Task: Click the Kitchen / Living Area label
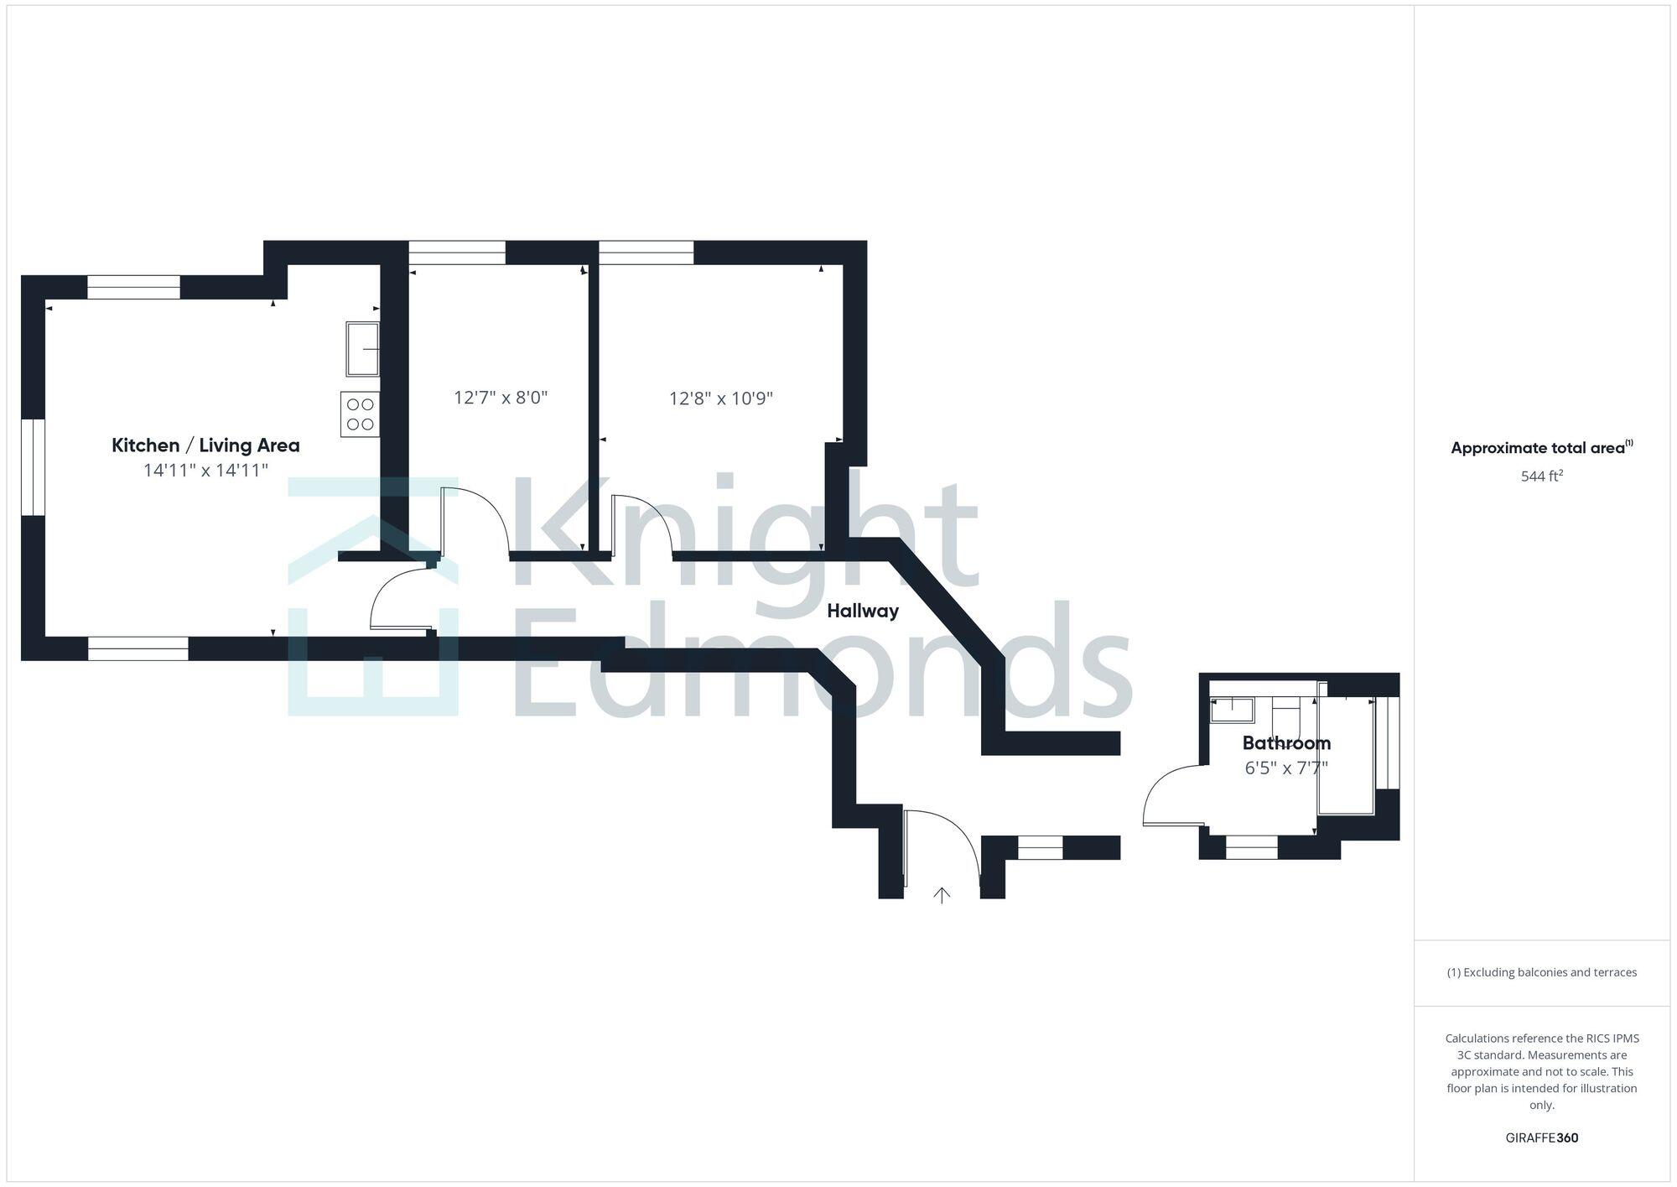click(x=205, y=445)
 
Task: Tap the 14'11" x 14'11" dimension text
click(x=205, y=471)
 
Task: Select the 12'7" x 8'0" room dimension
click(x=501, y=398)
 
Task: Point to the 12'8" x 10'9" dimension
click(x=721, y=398)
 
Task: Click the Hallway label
click(x=863, y=612)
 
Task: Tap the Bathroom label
click(x=1286, y=743)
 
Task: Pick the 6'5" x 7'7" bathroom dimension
click(x=1286, y=768)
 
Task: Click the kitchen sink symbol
click(x=362, y=348)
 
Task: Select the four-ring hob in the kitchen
click(x=360, y=414)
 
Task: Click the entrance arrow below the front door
click(x=942, y=896)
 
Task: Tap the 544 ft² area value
click(x=1542, y=476)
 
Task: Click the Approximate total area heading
click(x=1541, y=448)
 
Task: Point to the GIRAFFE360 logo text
click(x=1542, y=1138)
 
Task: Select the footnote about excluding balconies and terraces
click(x=1542, y=973)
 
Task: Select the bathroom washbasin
click(x=1232, y=711)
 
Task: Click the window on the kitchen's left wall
click(x=33, y=466)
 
